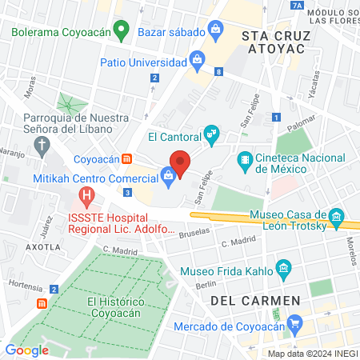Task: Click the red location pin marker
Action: (180, 163)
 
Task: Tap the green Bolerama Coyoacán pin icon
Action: (121, 32)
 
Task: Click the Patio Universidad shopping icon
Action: (196, 59)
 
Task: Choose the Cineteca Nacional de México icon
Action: (244, 159)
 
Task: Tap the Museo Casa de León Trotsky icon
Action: (337, 216)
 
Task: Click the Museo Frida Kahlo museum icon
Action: (282, 267)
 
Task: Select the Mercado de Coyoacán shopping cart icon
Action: (296, 324)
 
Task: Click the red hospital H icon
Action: (87, 195)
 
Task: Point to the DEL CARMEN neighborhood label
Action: (256, 301)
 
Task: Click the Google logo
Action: (26, 350)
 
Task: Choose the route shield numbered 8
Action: (218, 71)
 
